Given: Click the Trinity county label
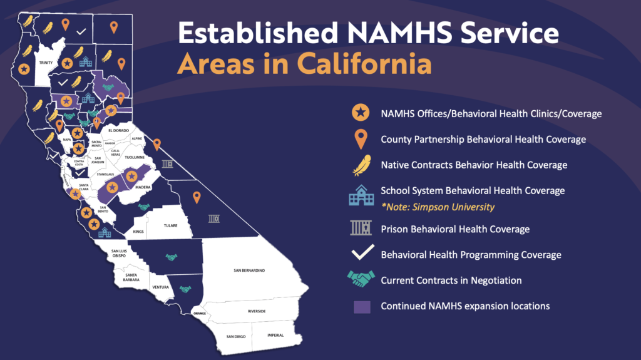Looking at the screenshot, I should coord(46,63).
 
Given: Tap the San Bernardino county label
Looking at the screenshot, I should coord(249,270).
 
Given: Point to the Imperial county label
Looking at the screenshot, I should coord(275,335).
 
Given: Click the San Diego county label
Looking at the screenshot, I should coord(236,337).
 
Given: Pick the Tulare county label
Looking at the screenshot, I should coord(171,225).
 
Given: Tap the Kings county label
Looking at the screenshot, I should coord(138,232).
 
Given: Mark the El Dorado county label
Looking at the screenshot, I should coord(119,130).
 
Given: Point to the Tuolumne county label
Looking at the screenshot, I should coord(135,157).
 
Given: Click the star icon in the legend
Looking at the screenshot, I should coord(360,113).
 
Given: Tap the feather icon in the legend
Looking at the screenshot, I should coord(360,166).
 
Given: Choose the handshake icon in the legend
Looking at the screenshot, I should coord(360,280).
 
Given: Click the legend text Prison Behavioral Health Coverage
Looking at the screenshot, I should coord(455,229).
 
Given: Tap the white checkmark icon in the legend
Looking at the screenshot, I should coord(360,254).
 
